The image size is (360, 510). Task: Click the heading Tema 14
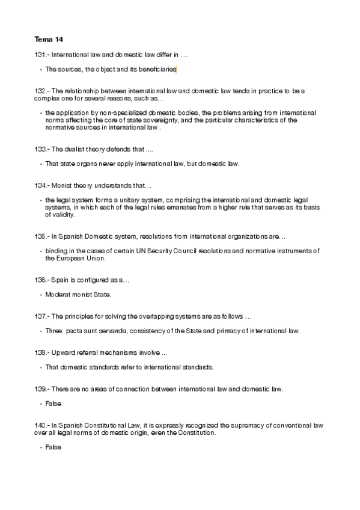point(49,40)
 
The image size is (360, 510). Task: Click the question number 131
point(41,55)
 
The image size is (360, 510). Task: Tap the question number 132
point(41,91)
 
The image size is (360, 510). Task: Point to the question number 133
point(41,149)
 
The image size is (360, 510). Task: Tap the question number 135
point(41,236)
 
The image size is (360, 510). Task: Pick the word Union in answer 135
point(96,258)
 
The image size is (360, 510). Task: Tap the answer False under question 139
point(53,403)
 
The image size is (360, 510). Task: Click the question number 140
point(41,425)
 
